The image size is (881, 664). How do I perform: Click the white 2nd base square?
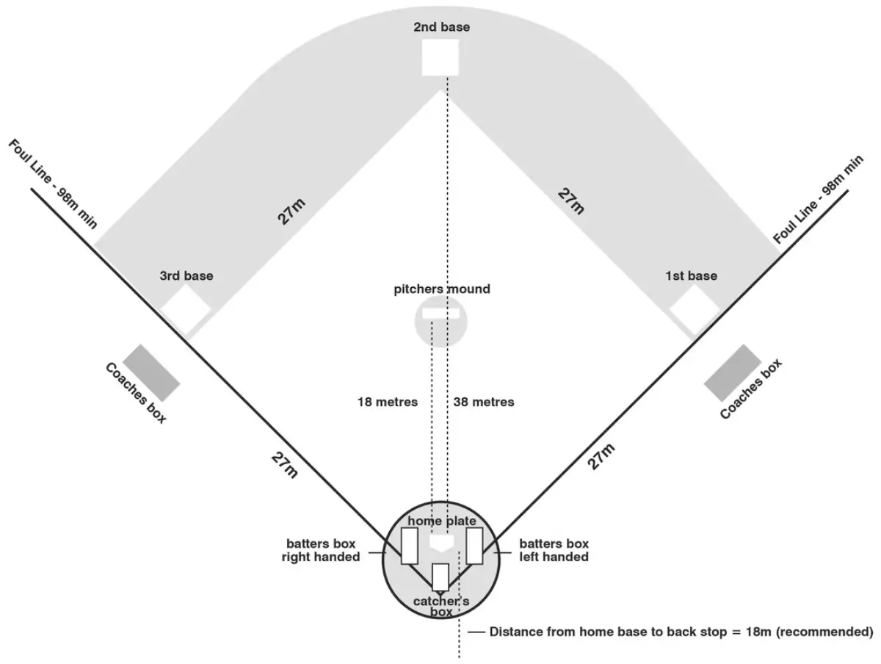tap(440, 57)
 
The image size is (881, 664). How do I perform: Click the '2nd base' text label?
tap(441, 27)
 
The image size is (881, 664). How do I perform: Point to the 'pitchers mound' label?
tap(441, 289)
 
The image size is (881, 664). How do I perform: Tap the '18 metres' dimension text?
tap(388, 402)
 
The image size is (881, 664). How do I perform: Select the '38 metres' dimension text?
tap(484, 402)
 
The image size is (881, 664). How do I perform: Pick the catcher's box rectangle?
tap(440, 577)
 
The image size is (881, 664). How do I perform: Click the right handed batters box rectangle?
tap(409, 546)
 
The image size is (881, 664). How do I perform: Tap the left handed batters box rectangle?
tap(474, 546)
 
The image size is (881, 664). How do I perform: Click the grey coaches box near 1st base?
tap(732, 373)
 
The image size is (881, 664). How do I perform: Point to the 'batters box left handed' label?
tap(554, 550)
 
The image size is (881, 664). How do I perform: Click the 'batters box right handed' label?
tap(322, 550)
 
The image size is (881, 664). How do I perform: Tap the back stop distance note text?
tap(681, 632)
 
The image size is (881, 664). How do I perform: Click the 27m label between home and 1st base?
tap(601, 456)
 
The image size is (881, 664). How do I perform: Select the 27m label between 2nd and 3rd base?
tap(291, 212)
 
